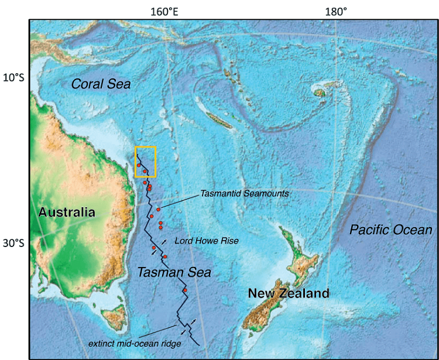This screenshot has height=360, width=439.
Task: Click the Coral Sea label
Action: point(101,84)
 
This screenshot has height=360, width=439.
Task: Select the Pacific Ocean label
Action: point(390,230)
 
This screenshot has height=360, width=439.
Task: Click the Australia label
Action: point(67,212)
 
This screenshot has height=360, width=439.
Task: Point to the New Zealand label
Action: point(288,293)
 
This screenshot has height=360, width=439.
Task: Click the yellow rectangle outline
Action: point(145,148)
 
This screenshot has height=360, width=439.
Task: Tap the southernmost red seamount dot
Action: point(184,290)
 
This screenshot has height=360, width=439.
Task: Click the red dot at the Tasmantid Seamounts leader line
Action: point(158,210)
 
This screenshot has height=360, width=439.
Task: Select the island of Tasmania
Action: point(111,320)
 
